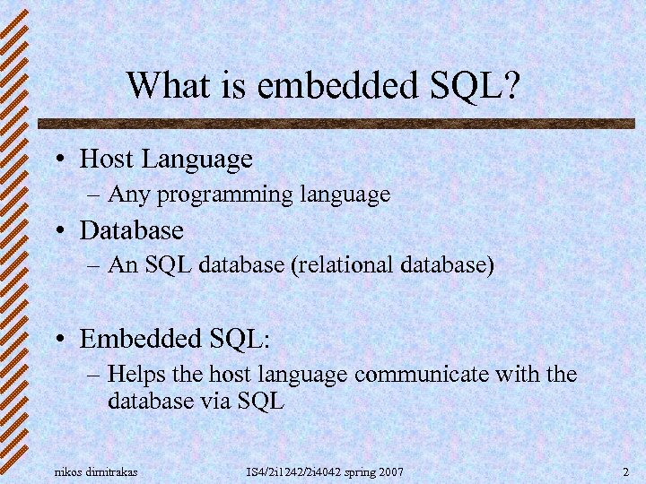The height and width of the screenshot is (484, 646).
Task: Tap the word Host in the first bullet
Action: coord(107,160)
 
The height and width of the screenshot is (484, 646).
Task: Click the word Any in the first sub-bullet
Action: coord(126,194)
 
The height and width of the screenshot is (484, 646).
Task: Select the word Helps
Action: coord(134,373)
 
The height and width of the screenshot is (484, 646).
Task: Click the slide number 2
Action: coord(624,471)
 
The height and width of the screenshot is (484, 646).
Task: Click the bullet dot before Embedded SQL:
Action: coord(57,341)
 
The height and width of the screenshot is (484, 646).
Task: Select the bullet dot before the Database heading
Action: coord(57,232)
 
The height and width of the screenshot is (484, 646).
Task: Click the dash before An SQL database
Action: coord(96,266)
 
